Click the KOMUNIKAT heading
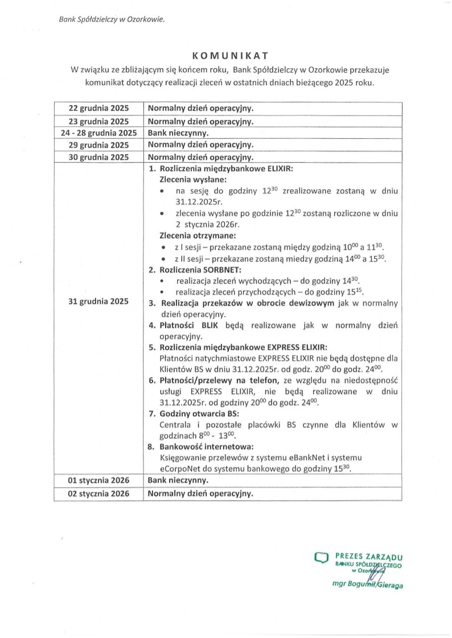(x=227, y=56)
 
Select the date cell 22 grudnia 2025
(x=98, y=108)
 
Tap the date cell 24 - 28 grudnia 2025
(x=98, y=133)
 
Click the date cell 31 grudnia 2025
(x=98, y=301)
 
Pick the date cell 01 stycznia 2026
(x=98, y=481)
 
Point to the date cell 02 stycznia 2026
(x=98, y=494)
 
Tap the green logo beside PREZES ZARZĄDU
(x=322, y=559)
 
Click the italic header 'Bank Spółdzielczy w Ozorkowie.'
(x=112, y=20)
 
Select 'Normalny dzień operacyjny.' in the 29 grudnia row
(x=200, y=145)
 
